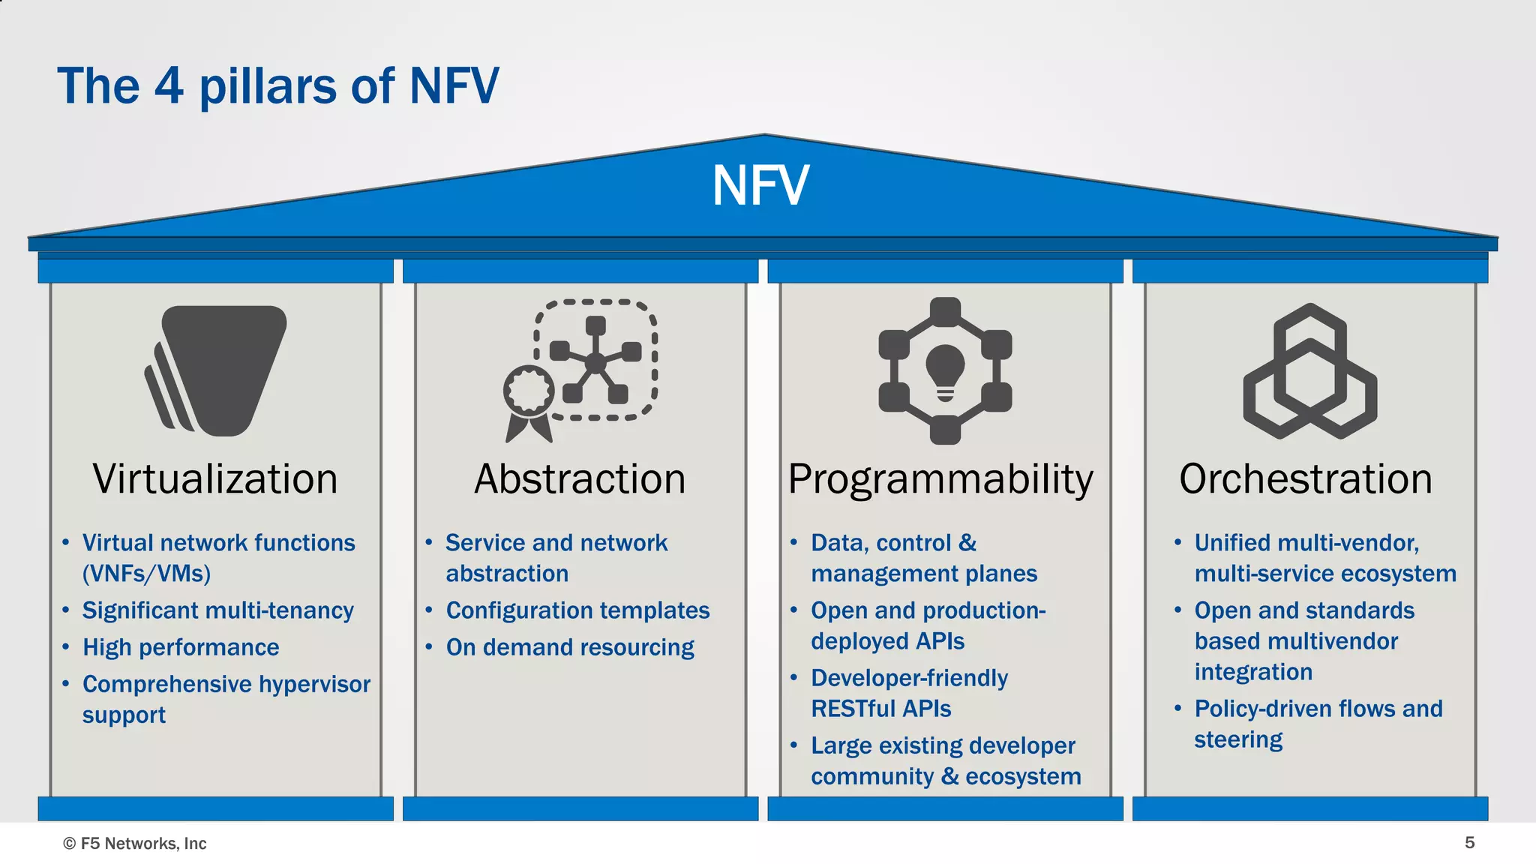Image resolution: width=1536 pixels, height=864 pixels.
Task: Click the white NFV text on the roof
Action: (760, 185)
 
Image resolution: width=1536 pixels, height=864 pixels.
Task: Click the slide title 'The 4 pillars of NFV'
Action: (277, 85)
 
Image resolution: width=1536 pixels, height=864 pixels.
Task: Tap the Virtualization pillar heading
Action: (215, 478)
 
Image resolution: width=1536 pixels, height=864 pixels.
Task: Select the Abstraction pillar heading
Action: (580, 478)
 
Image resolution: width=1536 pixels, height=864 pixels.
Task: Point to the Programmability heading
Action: (940, 478)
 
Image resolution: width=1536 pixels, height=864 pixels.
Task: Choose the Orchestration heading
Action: (1305, 478)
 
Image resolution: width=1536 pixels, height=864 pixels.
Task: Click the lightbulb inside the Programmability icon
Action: (945, 370)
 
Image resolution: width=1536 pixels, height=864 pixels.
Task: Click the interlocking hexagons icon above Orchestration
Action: (1309, 371)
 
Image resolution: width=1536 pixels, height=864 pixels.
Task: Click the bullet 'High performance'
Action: (181, 647)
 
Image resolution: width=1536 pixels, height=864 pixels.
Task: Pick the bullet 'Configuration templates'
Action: (577, 610)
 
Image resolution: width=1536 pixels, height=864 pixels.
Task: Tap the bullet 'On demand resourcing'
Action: (570, 647)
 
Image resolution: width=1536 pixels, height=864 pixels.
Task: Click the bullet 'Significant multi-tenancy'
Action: (217, 610)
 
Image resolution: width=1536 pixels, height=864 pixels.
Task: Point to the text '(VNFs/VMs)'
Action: (146, 574)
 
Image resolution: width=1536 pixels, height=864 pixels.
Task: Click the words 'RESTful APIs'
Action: (880, 709)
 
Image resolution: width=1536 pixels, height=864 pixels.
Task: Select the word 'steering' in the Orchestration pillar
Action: (1238, 739)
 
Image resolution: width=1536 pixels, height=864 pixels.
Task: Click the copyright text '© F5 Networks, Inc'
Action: (135, 844)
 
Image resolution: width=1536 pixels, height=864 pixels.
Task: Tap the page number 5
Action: (1470, 843)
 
